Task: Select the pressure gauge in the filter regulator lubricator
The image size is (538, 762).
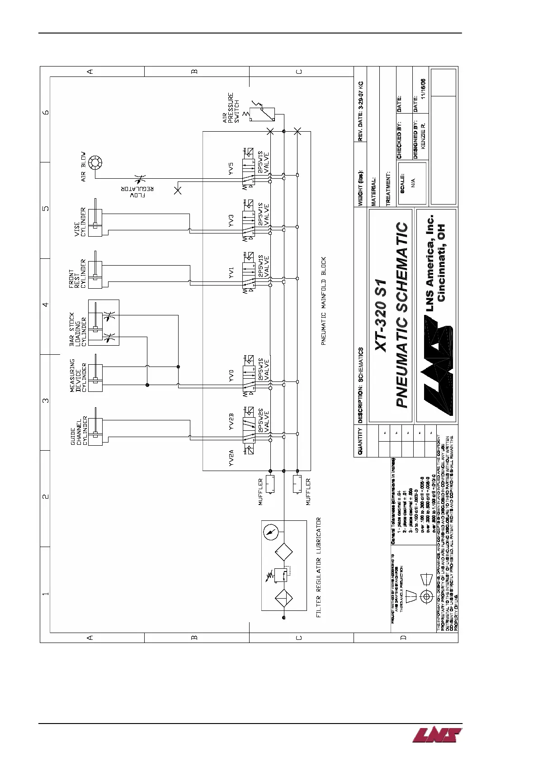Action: point(270,532)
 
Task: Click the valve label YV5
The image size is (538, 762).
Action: point(231,169)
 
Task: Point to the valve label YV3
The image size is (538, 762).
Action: point(231,220)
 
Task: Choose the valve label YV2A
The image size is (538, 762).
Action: point(231,457)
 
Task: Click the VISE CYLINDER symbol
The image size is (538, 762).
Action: point(95,223)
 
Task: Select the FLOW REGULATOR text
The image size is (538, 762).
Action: point(137,192)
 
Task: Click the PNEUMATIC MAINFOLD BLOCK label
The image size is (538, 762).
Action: point(324,301)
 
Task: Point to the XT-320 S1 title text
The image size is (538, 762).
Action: point(381,315)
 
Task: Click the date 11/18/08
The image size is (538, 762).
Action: point(423,89)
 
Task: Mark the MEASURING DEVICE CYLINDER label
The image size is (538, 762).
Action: point(78,375)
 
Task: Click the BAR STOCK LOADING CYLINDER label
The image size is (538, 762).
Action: point(78,329)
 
